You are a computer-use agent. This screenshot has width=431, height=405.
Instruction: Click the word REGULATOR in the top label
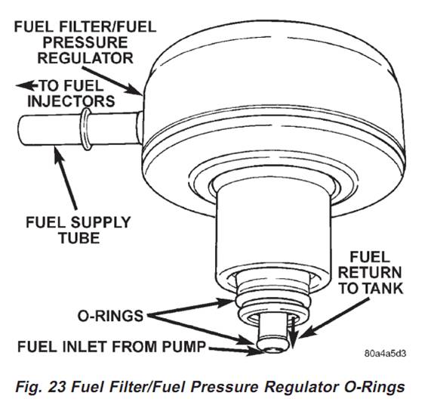[x=85, y=58]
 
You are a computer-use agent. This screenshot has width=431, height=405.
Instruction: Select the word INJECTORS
[x=71, y=101]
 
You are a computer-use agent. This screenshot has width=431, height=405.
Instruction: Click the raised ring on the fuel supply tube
[x=87, y=129]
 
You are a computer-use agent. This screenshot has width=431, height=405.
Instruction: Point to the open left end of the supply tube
[x=21, y=130]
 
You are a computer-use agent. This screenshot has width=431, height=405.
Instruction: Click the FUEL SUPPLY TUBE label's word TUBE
[x=79, y=238]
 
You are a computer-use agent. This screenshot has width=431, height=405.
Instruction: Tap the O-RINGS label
[x=110, y=316]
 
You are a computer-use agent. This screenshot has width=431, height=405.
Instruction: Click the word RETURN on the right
[x=370, y=272]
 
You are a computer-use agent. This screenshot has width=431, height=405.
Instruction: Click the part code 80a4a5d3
[x=386, y=354]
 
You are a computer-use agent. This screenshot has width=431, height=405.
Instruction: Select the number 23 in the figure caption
[x=57, y=386]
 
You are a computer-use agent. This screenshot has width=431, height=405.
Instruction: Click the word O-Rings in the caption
[x=374, y=386]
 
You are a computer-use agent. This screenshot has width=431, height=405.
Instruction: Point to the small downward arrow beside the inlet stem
[x=293, y=333]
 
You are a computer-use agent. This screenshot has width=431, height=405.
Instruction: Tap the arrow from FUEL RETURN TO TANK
[x=334, y=318]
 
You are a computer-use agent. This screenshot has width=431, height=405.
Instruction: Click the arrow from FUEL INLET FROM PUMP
[x=235, y=350]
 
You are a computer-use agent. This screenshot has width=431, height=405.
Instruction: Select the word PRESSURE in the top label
[x=85, y=42]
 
